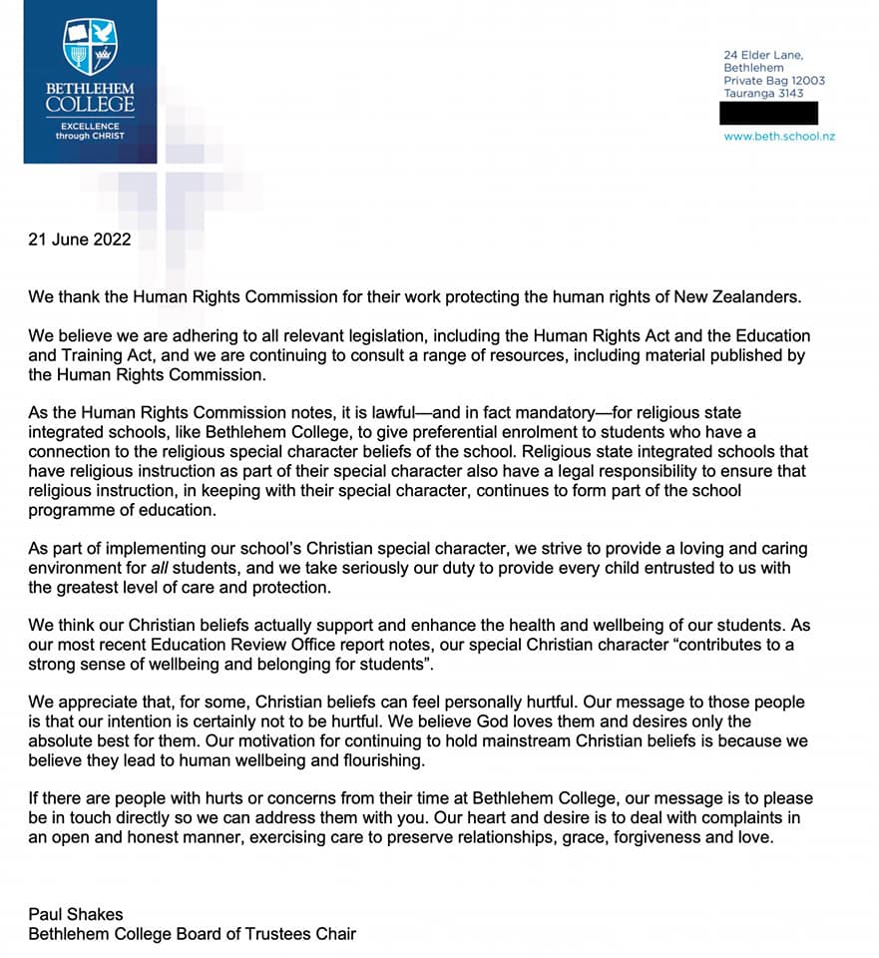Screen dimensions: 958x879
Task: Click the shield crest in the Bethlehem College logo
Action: pos(90,47)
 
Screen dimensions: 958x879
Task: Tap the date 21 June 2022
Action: pos(80,239)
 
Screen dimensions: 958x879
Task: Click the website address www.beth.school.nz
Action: pos(779,136)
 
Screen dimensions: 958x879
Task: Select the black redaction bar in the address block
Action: pos(769,113)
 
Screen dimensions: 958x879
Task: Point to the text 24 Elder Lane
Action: pos(763,54)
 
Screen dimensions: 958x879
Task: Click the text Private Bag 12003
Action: pos(774,81)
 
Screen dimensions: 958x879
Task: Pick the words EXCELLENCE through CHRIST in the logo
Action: pos(90,131)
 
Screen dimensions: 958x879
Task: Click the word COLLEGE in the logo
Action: pos(90,104)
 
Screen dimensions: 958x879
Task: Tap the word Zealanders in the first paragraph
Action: pos(764,297)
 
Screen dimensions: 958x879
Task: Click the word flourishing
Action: pos(376,760)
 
